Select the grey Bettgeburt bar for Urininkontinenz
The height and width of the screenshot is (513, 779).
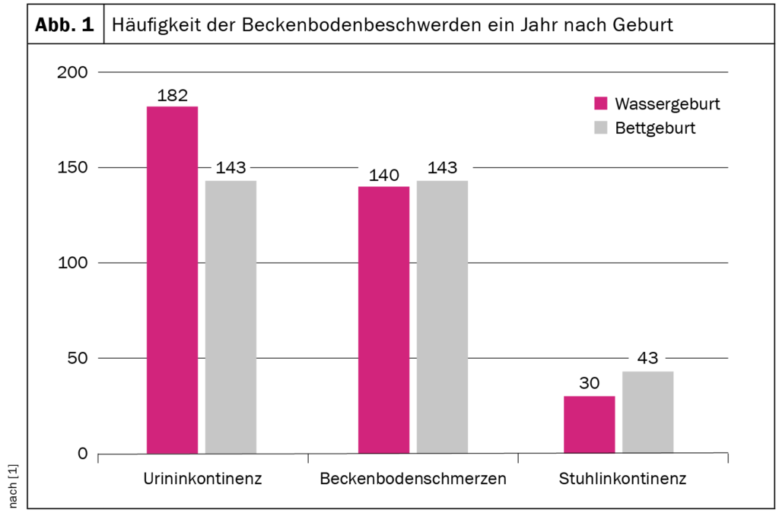click(x=231, y=317)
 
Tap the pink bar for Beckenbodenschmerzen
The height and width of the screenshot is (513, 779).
click(x=383, y=320)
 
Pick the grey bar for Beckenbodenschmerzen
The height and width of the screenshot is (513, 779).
click(x=442, y=317)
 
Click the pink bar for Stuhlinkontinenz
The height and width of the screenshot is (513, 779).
click(x=589, y=425)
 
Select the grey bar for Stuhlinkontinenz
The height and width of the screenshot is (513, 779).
click(x=647, y=412)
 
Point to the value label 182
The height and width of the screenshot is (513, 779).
click(x=172, y=96)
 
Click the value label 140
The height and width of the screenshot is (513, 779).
click(x=383, y=176)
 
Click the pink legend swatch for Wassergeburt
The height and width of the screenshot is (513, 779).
click(x=601, y=103)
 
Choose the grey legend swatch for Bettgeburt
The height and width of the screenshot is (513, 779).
click(x=601, y=128)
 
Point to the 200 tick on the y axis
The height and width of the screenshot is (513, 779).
click(x=73, y=72)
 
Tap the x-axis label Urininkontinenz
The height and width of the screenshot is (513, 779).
click(x=202, y=480)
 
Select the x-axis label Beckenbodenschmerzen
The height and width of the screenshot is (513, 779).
click(x=413, y=480)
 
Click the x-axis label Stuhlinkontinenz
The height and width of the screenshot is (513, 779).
click(x=623, y=480)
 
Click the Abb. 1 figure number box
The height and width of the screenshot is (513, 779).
click(x=65, y=24)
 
